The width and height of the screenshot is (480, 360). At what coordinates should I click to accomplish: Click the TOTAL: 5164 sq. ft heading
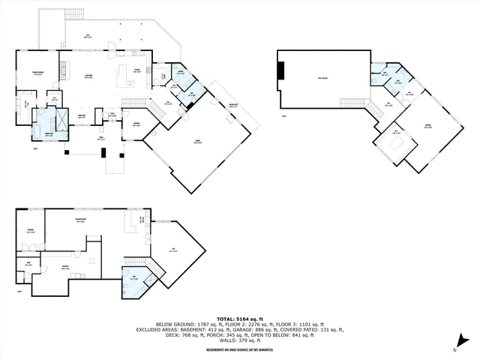(x=239, y=318)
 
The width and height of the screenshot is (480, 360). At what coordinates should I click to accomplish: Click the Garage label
(x=199, y=140)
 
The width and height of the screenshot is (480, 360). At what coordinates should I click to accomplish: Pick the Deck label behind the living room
(x=87, y=35)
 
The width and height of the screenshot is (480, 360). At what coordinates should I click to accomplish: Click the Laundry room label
(x=181, y=72)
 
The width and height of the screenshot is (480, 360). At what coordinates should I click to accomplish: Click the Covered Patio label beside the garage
(x=233, y=105)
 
